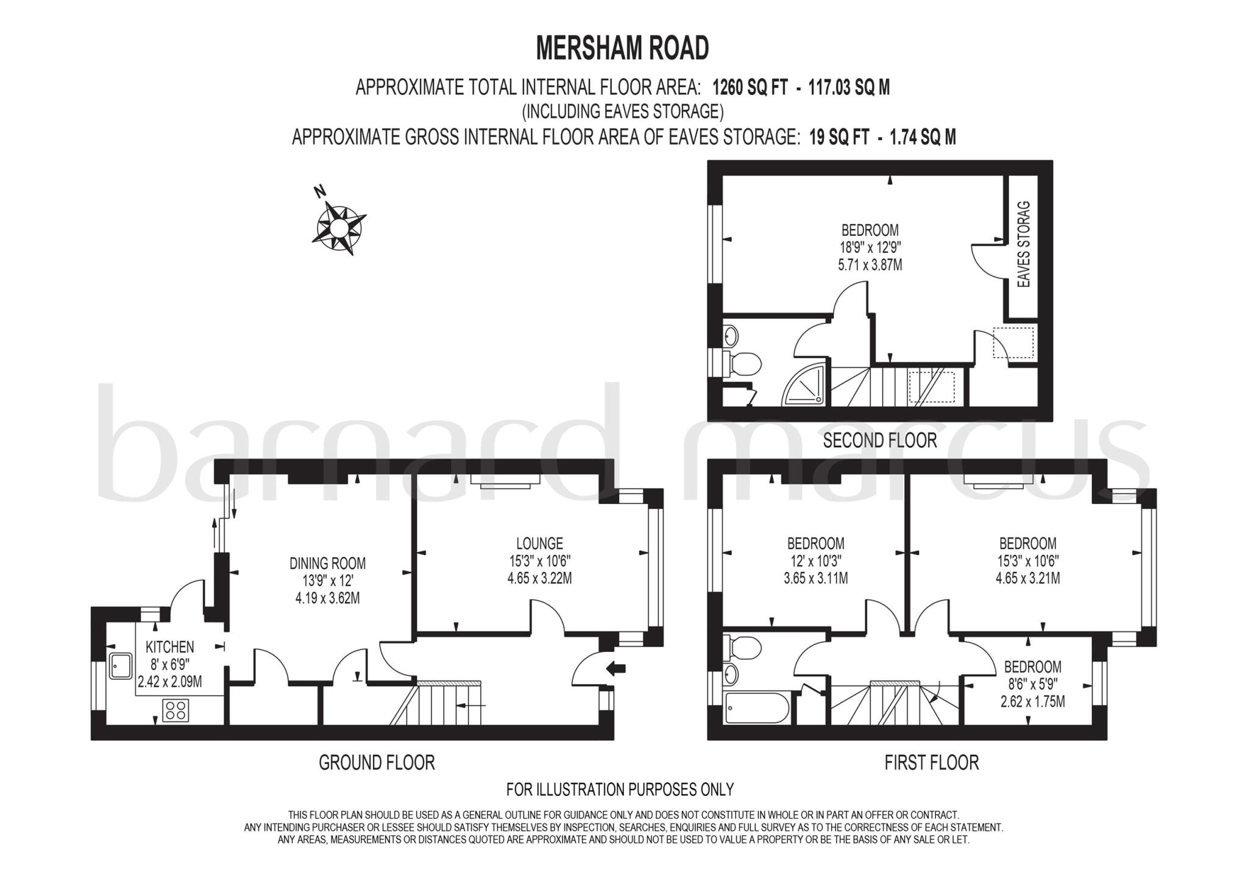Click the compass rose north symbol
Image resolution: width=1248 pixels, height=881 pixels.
pyautogui.click(x=339, y=227)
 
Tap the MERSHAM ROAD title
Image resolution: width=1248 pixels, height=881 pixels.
pyautogui.click(x=622, y=48)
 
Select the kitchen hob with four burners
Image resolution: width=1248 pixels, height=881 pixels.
pyautogui.click(x=175, y=710)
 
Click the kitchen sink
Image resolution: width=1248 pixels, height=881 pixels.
pyautogui.click(x=120, y=667)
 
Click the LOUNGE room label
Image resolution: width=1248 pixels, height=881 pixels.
pyautogui.click(x=539, y=543)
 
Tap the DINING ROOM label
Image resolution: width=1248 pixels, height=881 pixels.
pyautogui.click(x=327, y=563)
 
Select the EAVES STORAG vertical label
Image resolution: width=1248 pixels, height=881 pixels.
pyautogui.click(x=1024, y=244)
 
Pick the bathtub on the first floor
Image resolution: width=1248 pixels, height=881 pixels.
pyautogui.click(x=756, y=708)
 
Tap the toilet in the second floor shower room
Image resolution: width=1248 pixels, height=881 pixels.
pyautogui.click(x=744, y=364)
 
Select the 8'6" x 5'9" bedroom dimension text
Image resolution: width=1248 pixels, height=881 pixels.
pyautogui.click(x=1032, y=685)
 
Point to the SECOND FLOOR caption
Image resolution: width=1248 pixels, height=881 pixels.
pyautogui.click(x=879, y=440)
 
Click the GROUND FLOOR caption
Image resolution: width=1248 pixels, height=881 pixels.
pyautogui.click(x=377, y=762)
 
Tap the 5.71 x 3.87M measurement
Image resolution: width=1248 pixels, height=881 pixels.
pyautogui.click(x=870, y=265)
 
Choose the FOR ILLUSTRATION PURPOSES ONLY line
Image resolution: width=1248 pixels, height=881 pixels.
pyautogui.click(x=620, y=790)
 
